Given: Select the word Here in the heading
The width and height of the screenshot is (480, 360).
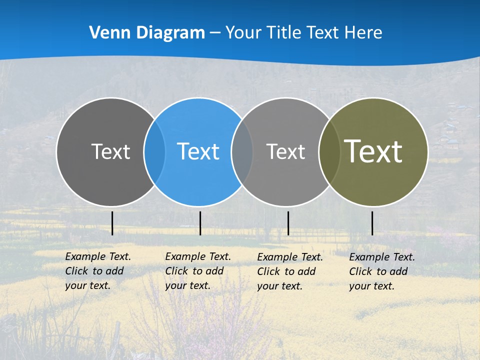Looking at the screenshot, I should [x=364, y=33].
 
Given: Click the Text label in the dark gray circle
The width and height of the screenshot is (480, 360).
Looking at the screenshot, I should [x=110, y=151].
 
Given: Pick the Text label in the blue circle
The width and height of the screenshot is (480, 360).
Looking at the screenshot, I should [x=198, y=151].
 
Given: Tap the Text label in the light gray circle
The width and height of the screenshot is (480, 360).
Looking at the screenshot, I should [x=285, y=151].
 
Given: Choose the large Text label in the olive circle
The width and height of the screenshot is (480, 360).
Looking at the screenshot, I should [x=373, y=151].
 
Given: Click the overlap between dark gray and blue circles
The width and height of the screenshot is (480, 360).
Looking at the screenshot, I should [x=154, y=151].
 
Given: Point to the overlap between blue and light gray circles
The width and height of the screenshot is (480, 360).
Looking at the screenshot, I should [x=242, y=151].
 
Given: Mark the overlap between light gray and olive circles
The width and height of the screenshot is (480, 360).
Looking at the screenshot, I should [x=329, y=151].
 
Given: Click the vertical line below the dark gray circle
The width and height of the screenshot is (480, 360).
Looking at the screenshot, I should [x=112, y=223].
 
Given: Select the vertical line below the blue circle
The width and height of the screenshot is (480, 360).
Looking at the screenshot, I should [x=200, y=223].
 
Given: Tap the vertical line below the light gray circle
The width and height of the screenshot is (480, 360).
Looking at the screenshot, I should [x=288, y=223].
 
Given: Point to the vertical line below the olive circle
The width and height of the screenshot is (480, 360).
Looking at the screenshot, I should [x=372, y=223].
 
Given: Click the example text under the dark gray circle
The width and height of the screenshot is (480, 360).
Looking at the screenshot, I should [x=98, y=271].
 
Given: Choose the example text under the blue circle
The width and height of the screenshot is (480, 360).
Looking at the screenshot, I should [x=198, y=271].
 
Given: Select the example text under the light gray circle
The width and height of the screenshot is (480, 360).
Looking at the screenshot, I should [x=290, y=271].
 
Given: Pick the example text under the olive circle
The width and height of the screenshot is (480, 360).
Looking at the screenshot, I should [x=382, y=271].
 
